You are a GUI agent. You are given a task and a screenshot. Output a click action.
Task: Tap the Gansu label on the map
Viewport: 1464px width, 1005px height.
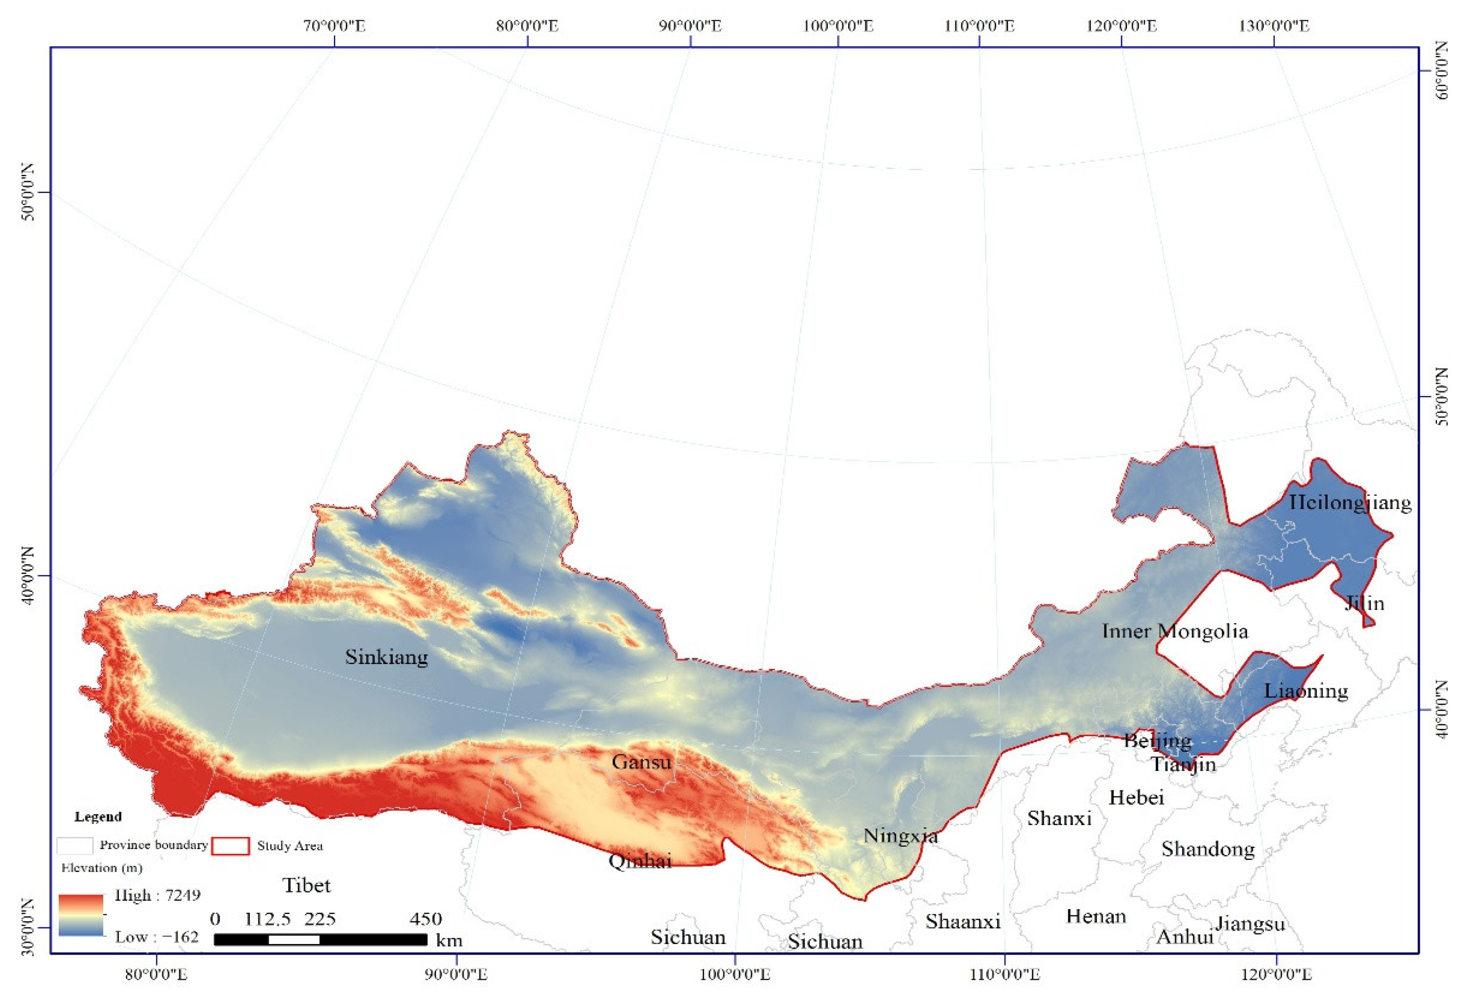[x=641, y=762]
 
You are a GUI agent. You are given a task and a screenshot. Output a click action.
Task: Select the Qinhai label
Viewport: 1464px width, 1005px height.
[x=640, y=861]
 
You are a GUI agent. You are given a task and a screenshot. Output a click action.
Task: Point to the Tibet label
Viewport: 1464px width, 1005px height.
[x=306, y=885]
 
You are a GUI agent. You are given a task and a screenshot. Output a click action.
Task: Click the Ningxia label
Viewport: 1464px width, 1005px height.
[x=900, y=836]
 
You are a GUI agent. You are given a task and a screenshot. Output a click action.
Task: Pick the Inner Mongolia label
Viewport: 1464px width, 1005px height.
[x=1174, y=631]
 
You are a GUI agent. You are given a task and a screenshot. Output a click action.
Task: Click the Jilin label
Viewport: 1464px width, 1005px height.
[x=1365, y=603]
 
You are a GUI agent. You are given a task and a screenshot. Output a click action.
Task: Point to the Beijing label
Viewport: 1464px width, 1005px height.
[x=1157, y=741]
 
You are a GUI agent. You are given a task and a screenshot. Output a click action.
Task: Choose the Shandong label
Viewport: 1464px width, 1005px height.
[x=1208, y=850]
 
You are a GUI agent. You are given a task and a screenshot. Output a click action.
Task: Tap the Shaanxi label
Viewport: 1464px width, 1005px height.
[x=963, y=922]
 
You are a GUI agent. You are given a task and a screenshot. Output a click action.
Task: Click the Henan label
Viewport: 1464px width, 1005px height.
[x=1096, y=916]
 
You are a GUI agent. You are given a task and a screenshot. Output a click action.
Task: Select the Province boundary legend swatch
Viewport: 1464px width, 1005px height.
[x=75, y=845]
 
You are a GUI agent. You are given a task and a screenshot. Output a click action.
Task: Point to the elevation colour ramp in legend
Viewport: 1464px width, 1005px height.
[x=81, y=915]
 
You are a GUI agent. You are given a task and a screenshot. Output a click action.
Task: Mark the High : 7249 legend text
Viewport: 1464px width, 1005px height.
[x=157, y=895]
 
